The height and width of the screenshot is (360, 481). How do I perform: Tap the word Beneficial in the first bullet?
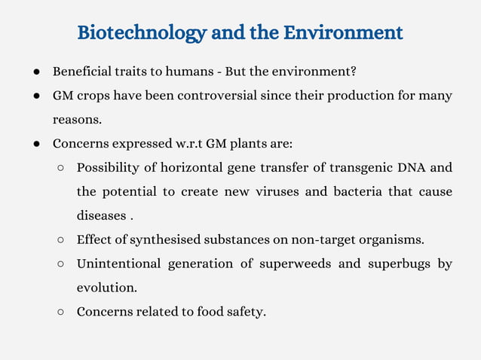(x=81, y=72)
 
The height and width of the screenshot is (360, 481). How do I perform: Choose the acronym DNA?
(x=413, y=167)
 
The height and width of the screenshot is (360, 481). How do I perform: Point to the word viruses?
(x=274, y=191)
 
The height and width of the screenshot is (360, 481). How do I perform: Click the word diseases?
(x=101, y=215)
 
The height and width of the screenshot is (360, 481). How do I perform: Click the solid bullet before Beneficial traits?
(x=36, y=72)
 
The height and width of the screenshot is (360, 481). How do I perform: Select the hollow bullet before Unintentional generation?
(x=60, y=264)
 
